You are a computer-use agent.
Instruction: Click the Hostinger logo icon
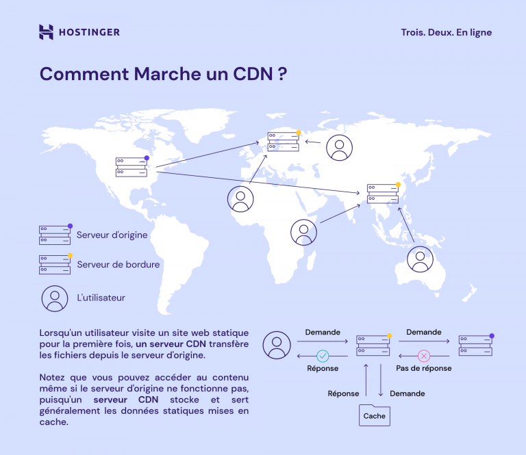coord(46,32)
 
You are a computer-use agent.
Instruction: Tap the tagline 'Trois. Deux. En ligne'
coord(446,32)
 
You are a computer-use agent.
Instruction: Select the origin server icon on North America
coord(131,167)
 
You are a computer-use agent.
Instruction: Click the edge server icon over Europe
coord(283,142)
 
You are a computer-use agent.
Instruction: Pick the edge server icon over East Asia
coord(382,193)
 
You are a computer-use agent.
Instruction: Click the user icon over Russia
coord(339,147)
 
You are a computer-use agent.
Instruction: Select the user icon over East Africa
coord(303,233)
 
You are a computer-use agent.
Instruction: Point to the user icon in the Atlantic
coord(240,199)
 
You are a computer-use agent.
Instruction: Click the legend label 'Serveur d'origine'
coord(112,235)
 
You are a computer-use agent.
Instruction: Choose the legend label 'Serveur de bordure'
coord(118,264)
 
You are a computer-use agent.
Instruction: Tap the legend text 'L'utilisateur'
coord(101,298)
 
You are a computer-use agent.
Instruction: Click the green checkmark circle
coord(322,356)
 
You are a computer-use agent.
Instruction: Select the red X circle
coord(423,356)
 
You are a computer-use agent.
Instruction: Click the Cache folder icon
coord(374,415)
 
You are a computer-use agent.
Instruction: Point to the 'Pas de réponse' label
coord(423,367)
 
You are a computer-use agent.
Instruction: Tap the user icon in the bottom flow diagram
coord(277,345)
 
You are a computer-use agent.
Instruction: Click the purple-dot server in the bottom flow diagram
coord(475,345)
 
